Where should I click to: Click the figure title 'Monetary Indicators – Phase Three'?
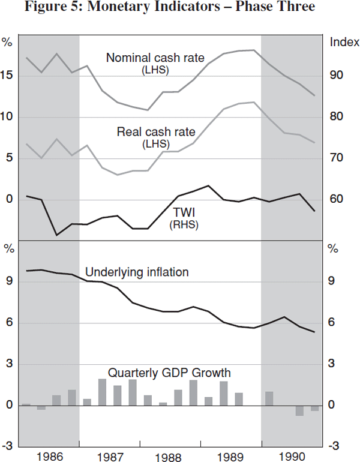pyautogui.click(x=180, y=8)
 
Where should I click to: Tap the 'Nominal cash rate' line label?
pyautogui.click(x=155, y=58)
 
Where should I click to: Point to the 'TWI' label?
pyautogui.click(x=185, y=212)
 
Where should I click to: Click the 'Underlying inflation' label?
pyautogui.click(x=137, y=272)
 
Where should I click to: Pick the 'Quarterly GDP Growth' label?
pyautogui.click(x=169, y=373)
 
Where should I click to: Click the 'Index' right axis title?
pyautogui.click(x=344, y=42)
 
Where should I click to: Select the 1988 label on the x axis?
pyautogui.click(x=170, y=457)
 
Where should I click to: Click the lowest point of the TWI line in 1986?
pyautogui.click(x=57, y=235)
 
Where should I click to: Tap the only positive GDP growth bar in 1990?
pyautogui.click(x=269, y=398)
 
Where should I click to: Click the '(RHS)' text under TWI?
pyautogui.click(x=185, y=225)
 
